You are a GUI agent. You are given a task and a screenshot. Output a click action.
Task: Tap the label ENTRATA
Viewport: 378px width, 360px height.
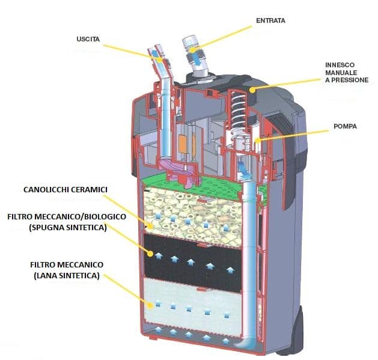pos(270,20)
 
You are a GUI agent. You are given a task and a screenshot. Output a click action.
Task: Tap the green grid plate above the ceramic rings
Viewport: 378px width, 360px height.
pos(198,178)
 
